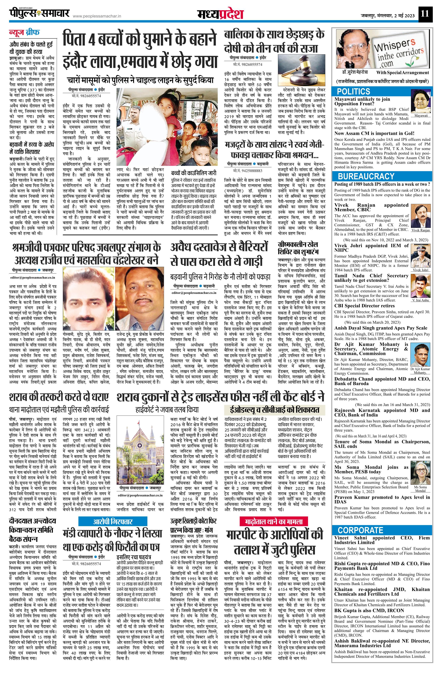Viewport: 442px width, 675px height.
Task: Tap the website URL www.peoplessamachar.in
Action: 97,17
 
